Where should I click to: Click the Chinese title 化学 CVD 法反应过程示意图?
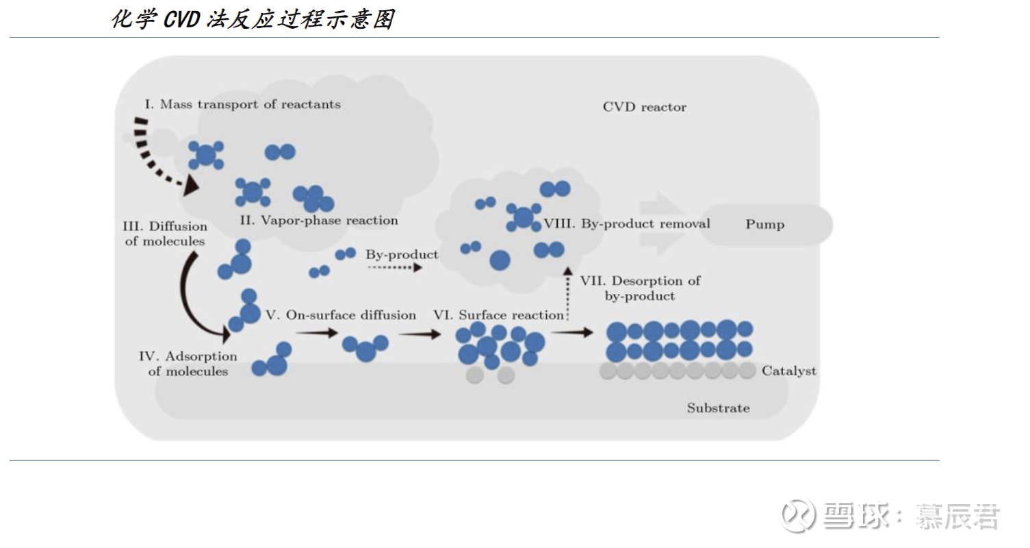(253, 19)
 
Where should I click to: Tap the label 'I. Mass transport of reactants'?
(242, 105)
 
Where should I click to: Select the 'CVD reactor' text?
(644, 107)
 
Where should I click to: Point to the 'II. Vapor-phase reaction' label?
(319, 221)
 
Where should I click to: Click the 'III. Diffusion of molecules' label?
(165, 234)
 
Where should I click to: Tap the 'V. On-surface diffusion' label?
(341, 315)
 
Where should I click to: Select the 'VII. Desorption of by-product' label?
(640, 288)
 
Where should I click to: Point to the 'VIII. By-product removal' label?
(626, 224)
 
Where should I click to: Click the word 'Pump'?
(764, 225)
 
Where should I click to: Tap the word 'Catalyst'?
(788, 371)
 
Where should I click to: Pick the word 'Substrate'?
(718, 408)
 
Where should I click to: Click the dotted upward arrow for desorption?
(567, 295)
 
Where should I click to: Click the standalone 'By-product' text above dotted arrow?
(402, 255)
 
